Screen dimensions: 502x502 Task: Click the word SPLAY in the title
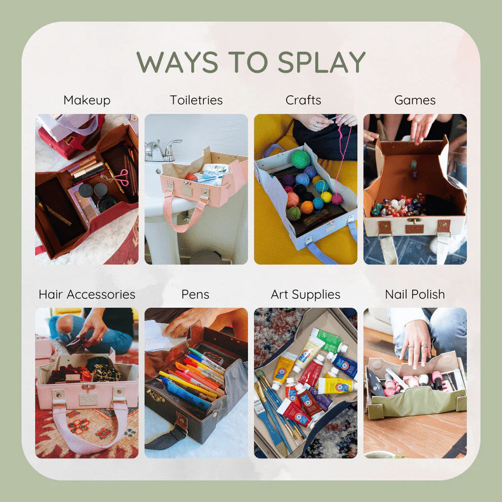[321, 62]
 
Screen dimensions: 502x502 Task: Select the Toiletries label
[196, 100]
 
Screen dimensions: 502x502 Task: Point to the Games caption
[415, 100]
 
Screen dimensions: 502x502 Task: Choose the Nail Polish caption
[415, 294]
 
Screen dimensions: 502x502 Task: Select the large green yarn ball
[300, 159]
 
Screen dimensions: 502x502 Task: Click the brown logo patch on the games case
[414, 229]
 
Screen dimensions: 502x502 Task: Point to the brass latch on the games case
[414, 221]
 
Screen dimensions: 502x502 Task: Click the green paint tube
[329, 340]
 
